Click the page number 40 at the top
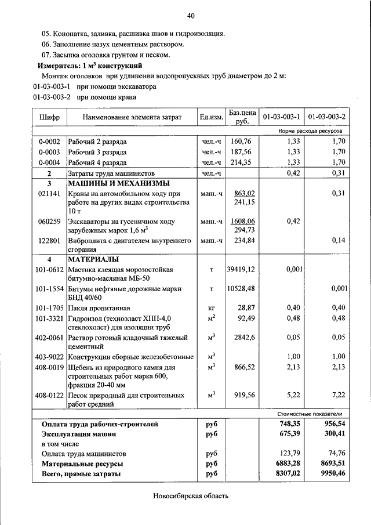click(191, 15)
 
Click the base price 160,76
click(242, 141)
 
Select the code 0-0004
click(49, 162)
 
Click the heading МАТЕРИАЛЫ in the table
click(93, 259)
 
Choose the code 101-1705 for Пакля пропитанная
click(49, 307)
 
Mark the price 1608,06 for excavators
click(243, 221)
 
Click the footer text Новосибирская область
click(191, 496)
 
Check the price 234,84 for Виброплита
click(243, 240)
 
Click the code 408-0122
click(49, 395)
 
